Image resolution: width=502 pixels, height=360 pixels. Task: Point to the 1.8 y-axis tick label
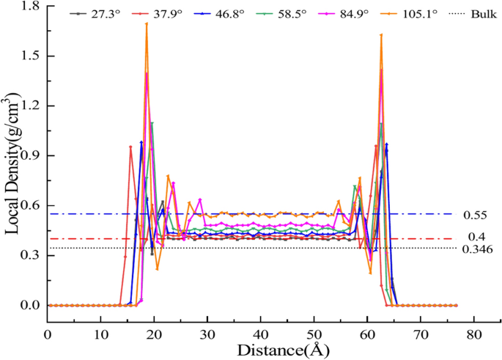pyautogui.click(x=29, y=7)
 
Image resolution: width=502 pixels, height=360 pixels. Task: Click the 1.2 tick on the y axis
pyautogui.click(x=29, y=106)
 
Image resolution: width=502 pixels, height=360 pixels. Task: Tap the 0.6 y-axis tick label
pyautogui.click(x=29, y=206)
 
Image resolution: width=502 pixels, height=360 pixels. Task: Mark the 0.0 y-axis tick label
pyautogui.click(x=29, y=305)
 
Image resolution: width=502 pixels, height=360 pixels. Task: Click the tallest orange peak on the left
pyautogui.click(x=147, y=23)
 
